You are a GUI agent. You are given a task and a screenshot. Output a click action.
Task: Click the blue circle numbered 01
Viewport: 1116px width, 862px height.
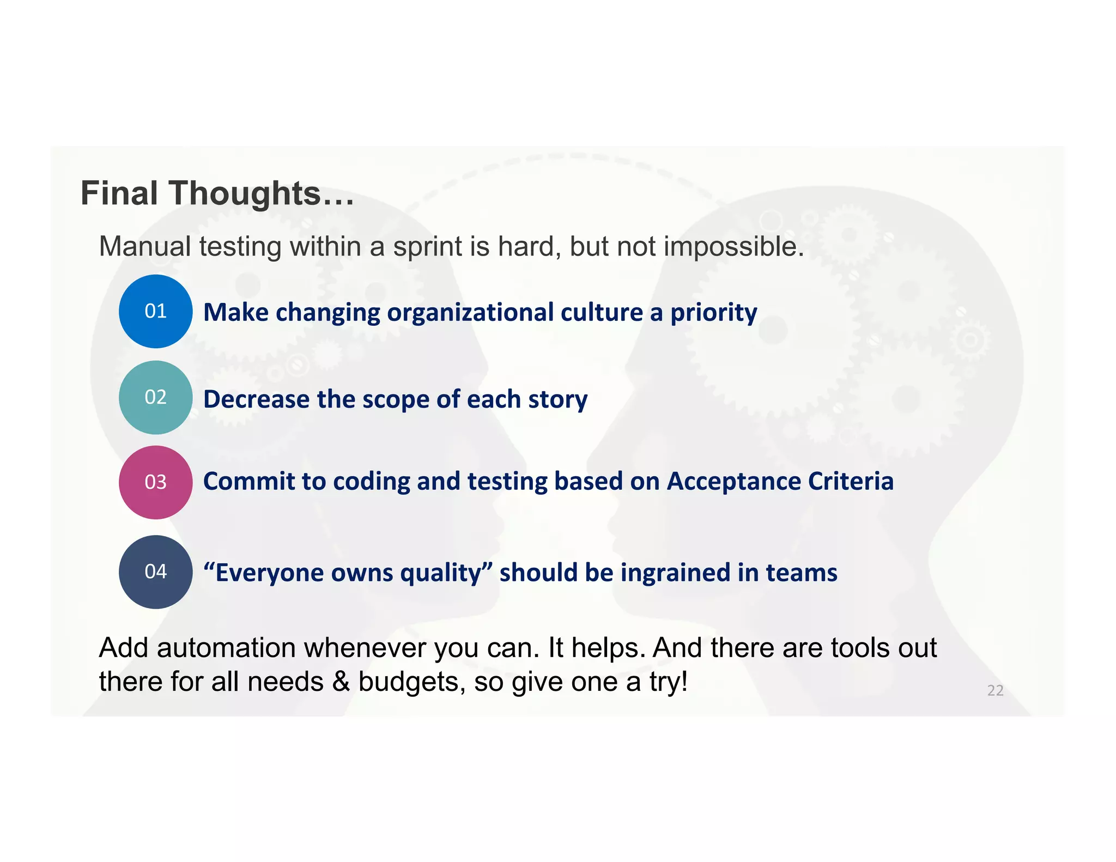pyautogui.click(x=155, y=311)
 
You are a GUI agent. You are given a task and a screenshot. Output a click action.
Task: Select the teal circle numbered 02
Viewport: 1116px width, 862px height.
pyautogui.click(x=155, y=397)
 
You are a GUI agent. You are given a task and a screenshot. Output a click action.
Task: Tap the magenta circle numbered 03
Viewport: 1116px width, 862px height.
pyautogui.click(x=155, y=482)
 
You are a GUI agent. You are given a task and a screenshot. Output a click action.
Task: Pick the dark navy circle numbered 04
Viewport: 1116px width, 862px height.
pyautogui.click(x=155, y=572)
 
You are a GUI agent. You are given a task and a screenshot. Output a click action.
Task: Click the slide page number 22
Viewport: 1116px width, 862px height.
pyautogui.click(x=995, y=690)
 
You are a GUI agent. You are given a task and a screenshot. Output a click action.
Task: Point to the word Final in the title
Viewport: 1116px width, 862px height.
pyautogui.click(x=119, y=193)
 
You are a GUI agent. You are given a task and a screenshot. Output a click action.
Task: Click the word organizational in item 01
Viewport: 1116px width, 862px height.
pyautogui.click(x=470, y=313)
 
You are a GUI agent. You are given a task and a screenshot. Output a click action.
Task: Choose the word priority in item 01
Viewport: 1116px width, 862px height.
pyautogui.click(x=713, y=313)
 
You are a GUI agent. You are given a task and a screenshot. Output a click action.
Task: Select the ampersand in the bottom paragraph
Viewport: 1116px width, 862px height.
pyautogui.click(x=341, y=682)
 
